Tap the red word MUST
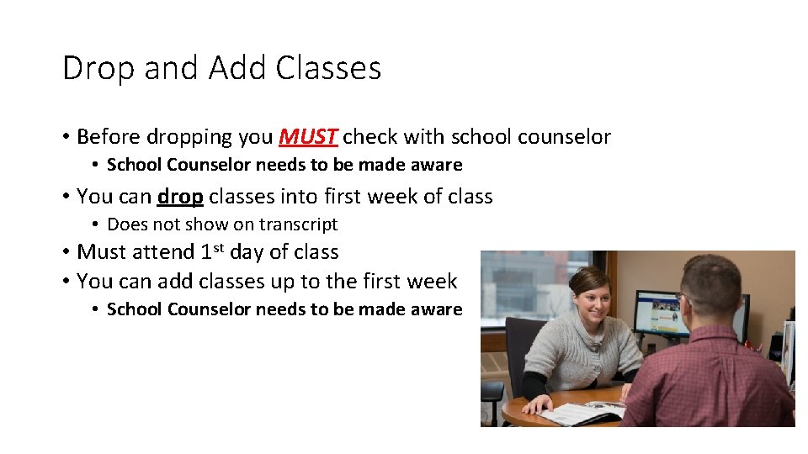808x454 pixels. click(309, 136)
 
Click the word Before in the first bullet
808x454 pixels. click(109, 136)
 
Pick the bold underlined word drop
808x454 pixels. click(180, 197)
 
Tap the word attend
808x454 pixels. click(165, 252)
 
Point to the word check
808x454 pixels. click(371, 136)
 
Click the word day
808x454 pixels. click(246, 252)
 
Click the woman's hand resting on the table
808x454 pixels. click(535, 404)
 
